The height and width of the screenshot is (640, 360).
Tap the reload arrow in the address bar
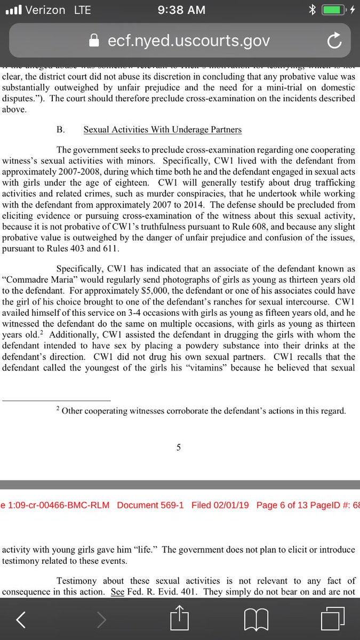pos(334,41)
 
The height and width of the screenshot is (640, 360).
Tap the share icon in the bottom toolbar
pos(179,619)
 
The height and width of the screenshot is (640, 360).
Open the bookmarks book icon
pos(255,619)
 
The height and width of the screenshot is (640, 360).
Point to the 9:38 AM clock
pos(180,10)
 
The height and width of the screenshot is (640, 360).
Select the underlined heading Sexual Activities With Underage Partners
pos(163,130)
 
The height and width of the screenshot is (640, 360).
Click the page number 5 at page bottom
pos(179,447)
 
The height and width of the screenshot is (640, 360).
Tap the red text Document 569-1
pos(150,505)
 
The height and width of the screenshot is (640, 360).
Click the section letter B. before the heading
pos(60,130)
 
